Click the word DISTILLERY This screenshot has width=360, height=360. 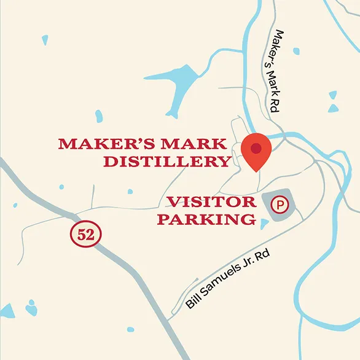[166, 162]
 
